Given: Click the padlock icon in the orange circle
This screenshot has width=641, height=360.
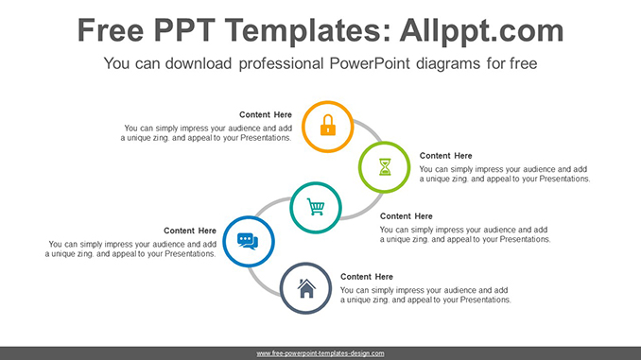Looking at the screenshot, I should click(x=327, y=125).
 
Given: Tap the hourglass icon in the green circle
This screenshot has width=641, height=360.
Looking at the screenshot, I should click(x=386, y=167).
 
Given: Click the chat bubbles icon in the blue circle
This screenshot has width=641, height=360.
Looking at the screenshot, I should click(x=247, y=241).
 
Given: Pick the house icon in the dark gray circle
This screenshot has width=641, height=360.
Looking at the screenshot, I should click(x=306, y=288).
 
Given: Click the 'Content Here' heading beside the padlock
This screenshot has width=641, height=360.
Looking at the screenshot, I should click(x=266, y=115).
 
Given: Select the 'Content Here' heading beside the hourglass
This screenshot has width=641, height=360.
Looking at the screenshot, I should click(x=445, y=156).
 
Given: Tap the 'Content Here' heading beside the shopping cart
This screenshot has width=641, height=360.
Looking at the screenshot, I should click(x=406, y=216).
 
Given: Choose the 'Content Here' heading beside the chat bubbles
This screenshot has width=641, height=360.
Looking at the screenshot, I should click(x=190, y=231).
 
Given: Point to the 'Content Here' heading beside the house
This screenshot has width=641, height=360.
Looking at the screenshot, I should click(x=367, y=277).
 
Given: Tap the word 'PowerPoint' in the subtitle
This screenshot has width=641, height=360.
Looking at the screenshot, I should click(x=372, y=64).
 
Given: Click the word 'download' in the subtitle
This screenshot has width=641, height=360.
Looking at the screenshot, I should click(x=204, y=64).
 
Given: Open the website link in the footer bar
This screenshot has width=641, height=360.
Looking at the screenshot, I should click(x=320, y=353).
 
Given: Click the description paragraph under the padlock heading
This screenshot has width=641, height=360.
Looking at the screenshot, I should click(x=206, y=132).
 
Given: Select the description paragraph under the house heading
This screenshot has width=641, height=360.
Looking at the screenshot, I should click(x=425, y=295).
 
